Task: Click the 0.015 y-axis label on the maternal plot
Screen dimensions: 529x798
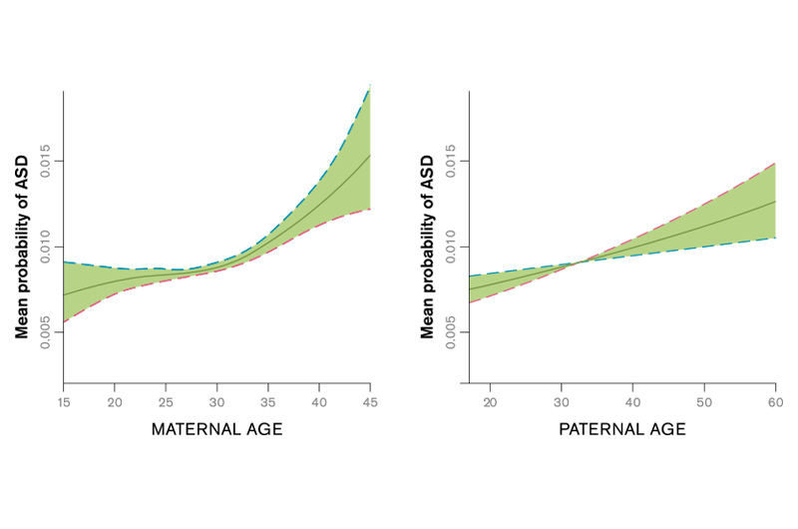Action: pyautogui.click(x=44, y=162)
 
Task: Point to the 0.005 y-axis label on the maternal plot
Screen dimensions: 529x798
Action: pyautogui.click(x=44, y=332)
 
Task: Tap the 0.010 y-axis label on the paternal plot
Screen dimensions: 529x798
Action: pyautogui.click(x=450, y=247)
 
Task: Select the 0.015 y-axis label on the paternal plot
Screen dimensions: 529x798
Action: pyautogui.click(x=450, y=162)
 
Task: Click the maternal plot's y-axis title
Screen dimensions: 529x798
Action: pyautogui.click(x=21, y=247)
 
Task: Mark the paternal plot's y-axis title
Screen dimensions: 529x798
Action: pyautogui.click(x=427, y=247)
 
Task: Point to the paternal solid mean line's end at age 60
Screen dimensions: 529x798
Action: pyautogui.click(x=775, y=202)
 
